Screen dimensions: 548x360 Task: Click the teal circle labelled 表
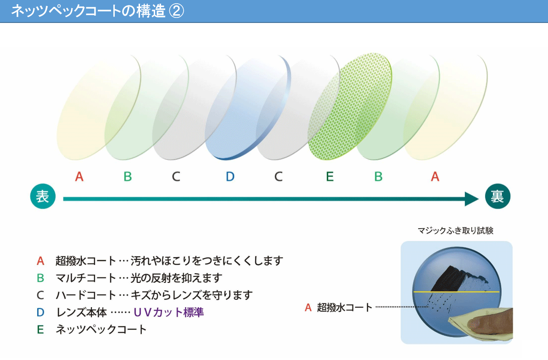[43, 196]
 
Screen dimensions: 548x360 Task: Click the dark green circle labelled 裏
[498, 196]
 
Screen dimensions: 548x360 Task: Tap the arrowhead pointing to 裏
[471, 199]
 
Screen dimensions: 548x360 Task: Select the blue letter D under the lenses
[230, 176]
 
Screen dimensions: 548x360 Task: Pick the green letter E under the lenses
[330, 176]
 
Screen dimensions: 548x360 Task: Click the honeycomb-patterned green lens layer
[350, 107]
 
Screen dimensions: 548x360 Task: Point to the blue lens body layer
[248, 108]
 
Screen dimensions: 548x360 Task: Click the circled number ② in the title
[176, 11]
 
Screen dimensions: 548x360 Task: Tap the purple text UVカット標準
[169, 312]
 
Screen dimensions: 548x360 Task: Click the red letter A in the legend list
[40, 261]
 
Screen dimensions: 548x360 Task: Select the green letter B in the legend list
[40, 278]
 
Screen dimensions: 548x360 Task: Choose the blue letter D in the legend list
[40, 312]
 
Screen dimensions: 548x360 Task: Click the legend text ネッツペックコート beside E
[101, 329]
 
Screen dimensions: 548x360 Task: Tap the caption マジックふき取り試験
[455, 231]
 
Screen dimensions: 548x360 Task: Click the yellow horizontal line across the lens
[456, 292]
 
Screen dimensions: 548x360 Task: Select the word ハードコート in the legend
[86, 295]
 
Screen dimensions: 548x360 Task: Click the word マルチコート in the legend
[86, 278]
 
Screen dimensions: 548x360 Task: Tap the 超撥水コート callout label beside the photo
[345, 308]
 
